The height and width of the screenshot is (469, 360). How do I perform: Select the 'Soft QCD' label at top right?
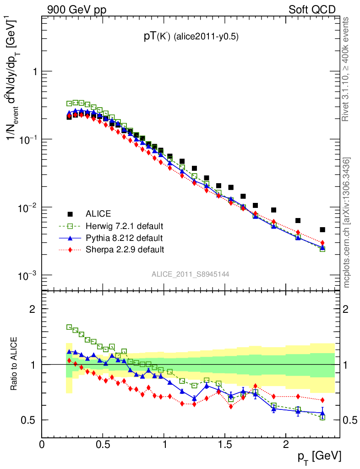tap(312, 9)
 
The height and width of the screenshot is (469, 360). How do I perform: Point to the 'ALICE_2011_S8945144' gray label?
tap(191, 274)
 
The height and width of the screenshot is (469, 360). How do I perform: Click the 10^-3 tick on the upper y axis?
tap(29, 275)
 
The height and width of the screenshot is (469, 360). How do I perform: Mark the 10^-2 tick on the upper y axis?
tap(29, 207)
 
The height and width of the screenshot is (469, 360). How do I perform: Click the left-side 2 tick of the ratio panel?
tap(33, 309)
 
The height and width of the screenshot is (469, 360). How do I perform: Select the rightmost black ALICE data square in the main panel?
tap(322, 229)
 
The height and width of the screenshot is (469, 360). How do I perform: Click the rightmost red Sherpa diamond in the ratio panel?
tap(322, 400)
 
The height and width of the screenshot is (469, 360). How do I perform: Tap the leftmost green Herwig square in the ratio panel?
tap(69, 327)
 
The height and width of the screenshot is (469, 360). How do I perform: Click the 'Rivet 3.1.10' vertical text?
tap(346, 69)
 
